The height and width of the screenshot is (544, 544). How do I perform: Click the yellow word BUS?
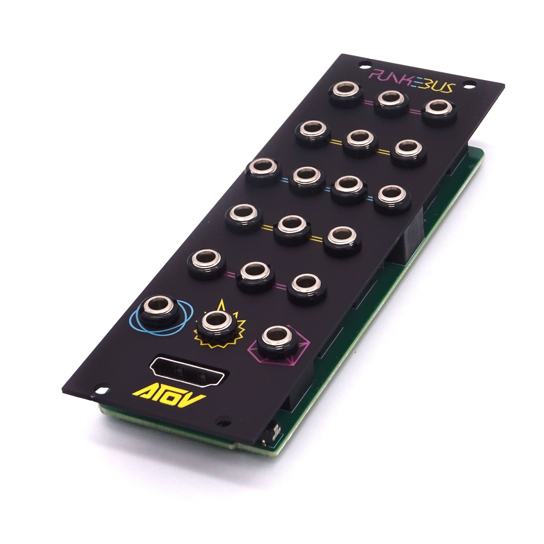[x=436, y=86]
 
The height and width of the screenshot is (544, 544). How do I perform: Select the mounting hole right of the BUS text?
[x=469, y=84]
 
